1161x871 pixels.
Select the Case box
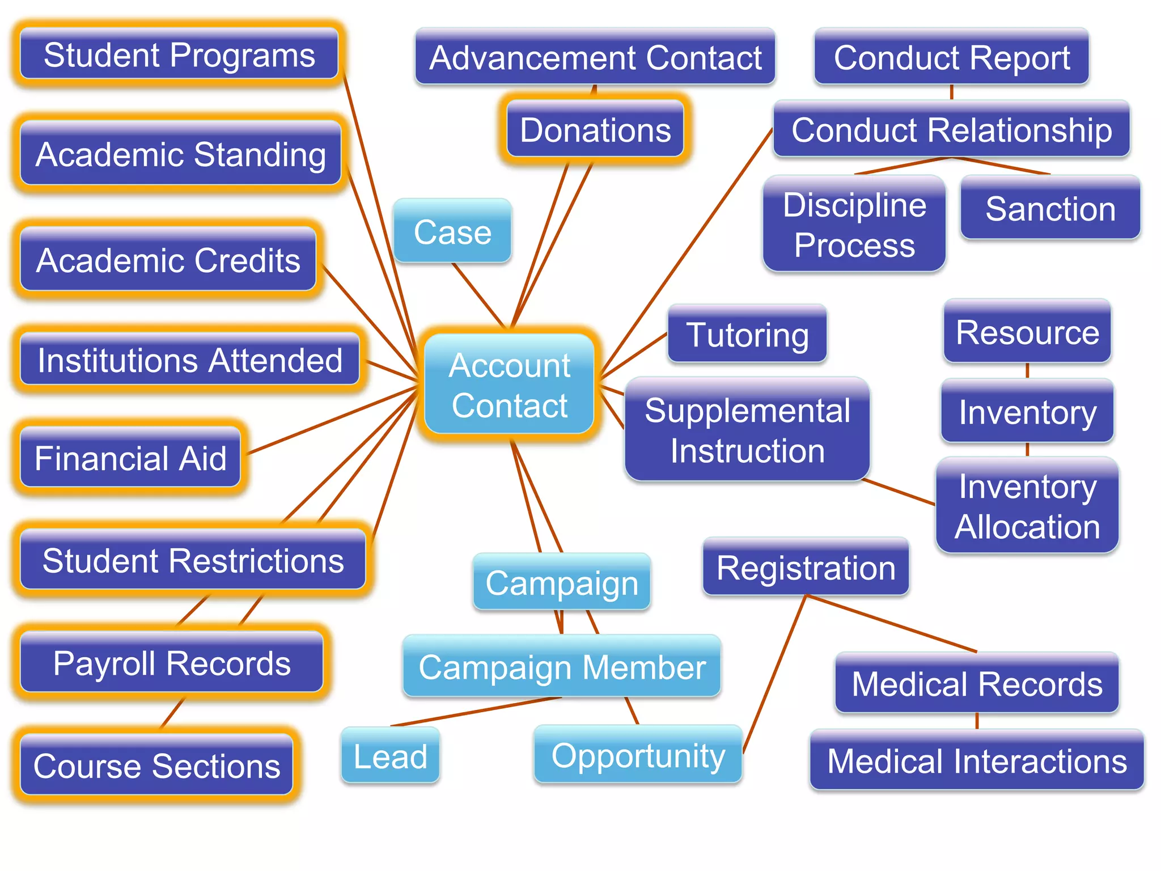tap(452, 231)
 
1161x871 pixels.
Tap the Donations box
tap(595, 129)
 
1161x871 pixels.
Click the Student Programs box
tap(179, 54)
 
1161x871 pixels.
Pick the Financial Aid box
tap(130, 458)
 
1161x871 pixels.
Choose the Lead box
tap(390, 755)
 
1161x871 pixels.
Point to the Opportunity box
tap(638, 755)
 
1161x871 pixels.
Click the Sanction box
tap(1050, 208)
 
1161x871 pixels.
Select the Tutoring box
tap(747, 334)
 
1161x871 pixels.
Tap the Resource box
tap(1027, 332)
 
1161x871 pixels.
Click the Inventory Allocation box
tap(1027, 506)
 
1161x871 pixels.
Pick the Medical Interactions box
tap(977, 760)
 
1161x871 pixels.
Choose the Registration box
tap(806, 567)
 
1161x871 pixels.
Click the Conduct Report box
tap(951, 57)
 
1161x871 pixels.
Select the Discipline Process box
tap(854, 224)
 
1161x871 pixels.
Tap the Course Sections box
tap(156, 765)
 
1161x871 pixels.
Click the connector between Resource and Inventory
tap(1027, 371)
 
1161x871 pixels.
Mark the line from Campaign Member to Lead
tap(476, 712)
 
